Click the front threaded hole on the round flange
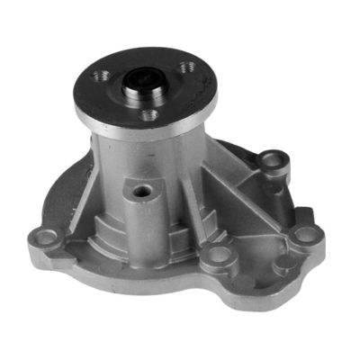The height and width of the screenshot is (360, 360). [x=149, y=114]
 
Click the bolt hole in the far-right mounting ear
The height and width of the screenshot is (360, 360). [x=308, y=235]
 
